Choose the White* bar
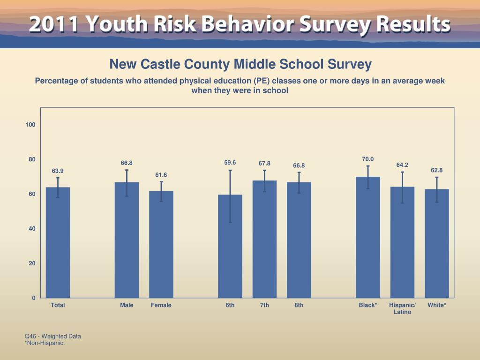tap(437, 243)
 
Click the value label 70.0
tap(368, 159)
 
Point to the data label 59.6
tap(230, 163)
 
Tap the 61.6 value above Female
tap(161, 175)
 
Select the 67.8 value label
tap(264, 163)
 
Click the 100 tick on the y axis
tap(31, 125)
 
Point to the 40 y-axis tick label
tap(32, 229)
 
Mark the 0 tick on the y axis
tap(34, 298)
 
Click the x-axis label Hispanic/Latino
tap(402, 308)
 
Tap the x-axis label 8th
tap(299, 305)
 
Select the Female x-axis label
tap(161, 305)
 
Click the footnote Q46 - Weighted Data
tap(53, 336)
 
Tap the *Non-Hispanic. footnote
tap(45, 343)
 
